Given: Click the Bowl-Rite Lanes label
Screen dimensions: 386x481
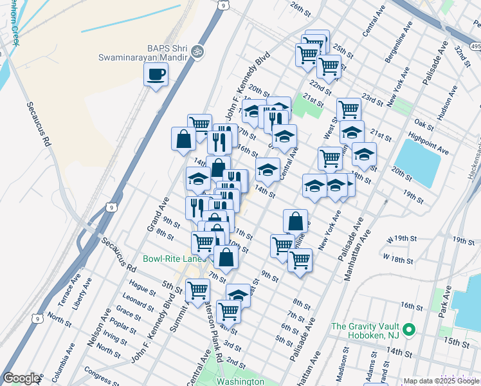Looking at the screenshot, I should click(172, 259).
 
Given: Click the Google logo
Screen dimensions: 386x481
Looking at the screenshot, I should click(22, 378).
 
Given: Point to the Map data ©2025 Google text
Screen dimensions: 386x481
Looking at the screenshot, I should click(440, 381).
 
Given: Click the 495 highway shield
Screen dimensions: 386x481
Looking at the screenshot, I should click(474, 46).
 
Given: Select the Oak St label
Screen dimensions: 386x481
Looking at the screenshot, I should click(424, 124).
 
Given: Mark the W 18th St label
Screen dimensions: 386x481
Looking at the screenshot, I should click(397, 259).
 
